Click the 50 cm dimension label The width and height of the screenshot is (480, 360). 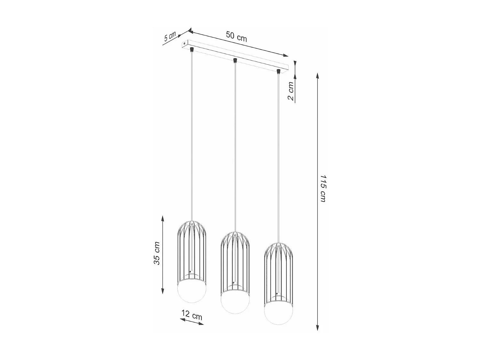[x=236, y=36]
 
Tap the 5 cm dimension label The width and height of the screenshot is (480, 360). [x=170, y=36]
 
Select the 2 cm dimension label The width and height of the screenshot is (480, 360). [x=291, y=91]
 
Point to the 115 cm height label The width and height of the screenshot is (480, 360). [x=323, y=188]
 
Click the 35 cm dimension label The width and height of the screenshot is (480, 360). [x=157, y=253]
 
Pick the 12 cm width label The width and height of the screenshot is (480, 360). [x=192, y=315]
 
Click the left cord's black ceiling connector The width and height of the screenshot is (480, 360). [x=192, y=50]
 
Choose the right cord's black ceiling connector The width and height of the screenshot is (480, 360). [x=279, y=71]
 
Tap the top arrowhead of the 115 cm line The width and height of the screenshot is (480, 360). [x=317, y=76]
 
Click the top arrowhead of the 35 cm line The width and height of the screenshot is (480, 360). [x=163, y=219]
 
